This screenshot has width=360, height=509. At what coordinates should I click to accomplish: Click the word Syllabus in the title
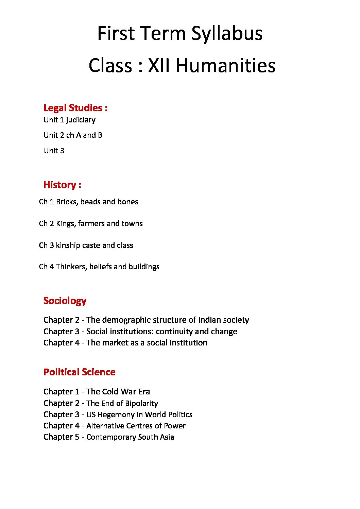(x=227, y=34)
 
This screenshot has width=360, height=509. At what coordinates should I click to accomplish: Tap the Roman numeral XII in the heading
(x=159, y=65)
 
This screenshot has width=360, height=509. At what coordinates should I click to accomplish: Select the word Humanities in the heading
(x=225, y=65)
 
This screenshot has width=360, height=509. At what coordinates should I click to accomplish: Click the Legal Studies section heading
(x=75, y=108)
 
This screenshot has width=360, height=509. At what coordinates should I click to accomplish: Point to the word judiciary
(x=81, y=120)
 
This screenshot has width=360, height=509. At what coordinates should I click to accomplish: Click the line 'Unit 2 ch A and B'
(x=73, y=135)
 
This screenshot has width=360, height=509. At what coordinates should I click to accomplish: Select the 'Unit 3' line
(x=54, y=151)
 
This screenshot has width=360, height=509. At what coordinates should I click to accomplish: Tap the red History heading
(x=62, y=185)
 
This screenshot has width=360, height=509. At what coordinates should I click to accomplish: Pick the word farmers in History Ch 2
(x=91, y=223)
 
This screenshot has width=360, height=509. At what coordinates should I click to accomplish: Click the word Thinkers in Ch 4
(x=71, y=267)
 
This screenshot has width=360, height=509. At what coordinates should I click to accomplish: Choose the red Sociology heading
(x=65, y=301)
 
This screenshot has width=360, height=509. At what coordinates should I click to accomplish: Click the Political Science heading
(x=80, y=372)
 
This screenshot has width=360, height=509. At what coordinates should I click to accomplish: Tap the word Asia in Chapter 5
(x=166, y=437)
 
